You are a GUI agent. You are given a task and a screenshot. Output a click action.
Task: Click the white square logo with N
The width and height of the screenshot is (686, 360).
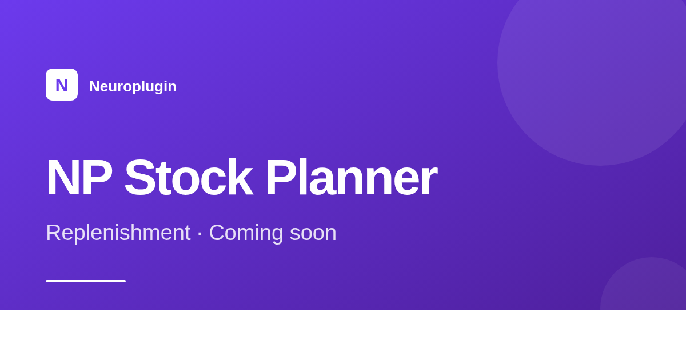(x=62, y=85)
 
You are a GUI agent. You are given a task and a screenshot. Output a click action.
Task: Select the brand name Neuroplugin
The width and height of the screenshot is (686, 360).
(x=133, y=87)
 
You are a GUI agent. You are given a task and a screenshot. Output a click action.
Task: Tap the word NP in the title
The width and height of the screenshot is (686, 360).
(x=79, y=178)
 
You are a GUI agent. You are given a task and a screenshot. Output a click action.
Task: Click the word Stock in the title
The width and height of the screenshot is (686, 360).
(x=189, y=178)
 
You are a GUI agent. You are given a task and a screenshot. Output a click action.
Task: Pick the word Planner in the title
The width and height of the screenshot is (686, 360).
(x=352, y=178)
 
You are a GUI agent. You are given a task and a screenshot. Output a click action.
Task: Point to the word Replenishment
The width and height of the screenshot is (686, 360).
(x=118, y=233)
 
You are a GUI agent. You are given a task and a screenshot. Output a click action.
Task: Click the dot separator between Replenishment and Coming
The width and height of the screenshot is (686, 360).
(x=200, y=233)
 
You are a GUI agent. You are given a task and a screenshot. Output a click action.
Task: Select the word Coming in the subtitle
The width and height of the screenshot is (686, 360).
(x=246, y=233)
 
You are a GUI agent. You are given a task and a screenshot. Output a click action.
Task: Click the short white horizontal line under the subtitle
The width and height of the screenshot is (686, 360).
(x=86, y=281)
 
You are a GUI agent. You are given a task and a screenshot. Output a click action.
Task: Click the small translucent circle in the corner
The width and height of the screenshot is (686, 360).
(x=643, y=284)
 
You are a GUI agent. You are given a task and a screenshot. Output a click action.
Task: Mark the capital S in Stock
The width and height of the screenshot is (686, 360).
(x=138, y=178)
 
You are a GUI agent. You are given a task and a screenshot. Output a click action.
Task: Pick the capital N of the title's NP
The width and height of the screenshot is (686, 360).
(x=61, y=178)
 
